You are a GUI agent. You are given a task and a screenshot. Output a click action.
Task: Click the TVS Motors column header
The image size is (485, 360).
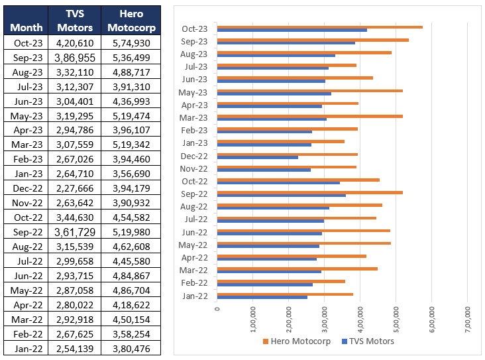coord(75,21)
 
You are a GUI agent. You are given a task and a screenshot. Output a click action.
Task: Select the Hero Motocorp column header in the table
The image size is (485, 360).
coord(131,21)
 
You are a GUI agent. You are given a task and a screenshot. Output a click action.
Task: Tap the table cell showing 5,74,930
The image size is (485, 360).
coord(131,43)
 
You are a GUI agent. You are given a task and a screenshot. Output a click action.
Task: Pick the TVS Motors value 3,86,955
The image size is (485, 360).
coord(75,58)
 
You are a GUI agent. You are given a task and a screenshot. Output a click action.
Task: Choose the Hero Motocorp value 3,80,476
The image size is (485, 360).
coord(131,348)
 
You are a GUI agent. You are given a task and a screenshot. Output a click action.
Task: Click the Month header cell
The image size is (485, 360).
coord(27,27)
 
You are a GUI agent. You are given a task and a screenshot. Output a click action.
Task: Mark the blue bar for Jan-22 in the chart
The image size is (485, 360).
coord(262,297)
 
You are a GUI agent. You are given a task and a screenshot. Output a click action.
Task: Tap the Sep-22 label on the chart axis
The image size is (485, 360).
coord(195,193)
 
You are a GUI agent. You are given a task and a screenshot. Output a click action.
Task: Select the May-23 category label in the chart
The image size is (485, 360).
coord(194,91)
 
